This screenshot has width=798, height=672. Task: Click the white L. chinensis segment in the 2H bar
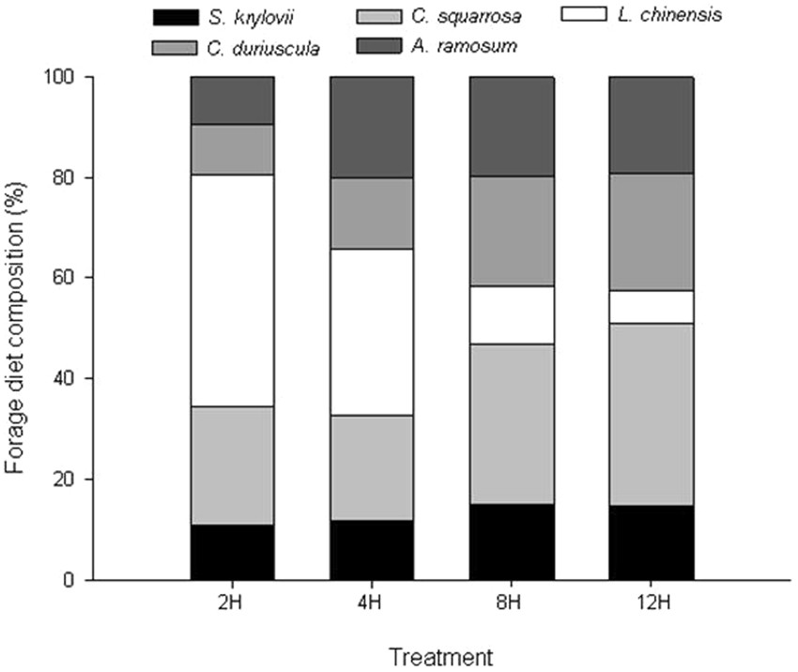tap(233, 290)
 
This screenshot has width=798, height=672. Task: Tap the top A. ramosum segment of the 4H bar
tap(372, 127)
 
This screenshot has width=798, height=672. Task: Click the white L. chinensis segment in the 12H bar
tap(652, 307)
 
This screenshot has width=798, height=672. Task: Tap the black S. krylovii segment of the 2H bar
tap(233, 552)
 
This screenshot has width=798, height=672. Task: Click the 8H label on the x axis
tap(512, 602)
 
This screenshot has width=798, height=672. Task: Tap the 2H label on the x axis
tap(233, 602)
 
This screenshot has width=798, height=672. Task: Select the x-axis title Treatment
tap(441, 651)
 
